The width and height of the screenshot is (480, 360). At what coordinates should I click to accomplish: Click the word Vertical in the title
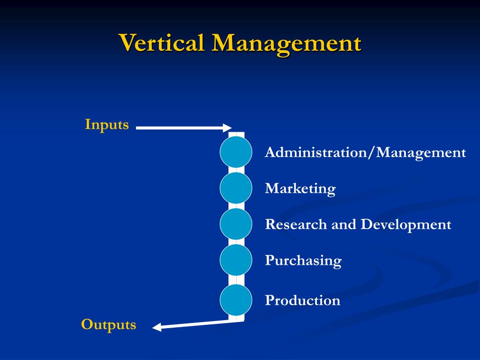point(162,43)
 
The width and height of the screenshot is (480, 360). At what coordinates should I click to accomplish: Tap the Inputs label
point(107,125)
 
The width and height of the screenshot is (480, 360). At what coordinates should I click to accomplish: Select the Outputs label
point(109,324)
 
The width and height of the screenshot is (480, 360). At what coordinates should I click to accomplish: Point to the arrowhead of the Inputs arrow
point(227,127)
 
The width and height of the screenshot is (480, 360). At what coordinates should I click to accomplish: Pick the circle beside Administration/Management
point(236,152)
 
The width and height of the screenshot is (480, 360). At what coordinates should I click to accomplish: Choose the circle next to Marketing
point(236,188)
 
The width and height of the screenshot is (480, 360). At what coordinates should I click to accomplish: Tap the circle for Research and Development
point(236,224)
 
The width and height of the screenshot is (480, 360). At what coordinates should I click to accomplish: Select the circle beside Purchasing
point(236,260)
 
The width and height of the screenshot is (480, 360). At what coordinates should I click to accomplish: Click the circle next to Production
point(236,300)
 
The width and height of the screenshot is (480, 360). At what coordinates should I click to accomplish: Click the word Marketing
point(300,188)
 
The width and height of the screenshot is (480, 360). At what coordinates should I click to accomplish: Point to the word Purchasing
point(303,261)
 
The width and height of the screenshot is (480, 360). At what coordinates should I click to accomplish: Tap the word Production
point(303,300)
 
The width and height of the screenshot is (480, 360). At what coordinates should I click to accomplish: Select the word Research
point(296,225)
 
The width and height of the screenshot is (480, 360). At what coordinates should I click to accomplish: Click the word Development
point(405,225)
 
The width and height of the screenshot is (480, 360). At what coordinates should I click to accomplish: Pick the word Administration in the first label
point(317,152)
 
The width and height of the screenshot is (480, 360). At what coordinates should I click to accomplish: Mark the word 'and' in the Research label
point(344,225)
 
